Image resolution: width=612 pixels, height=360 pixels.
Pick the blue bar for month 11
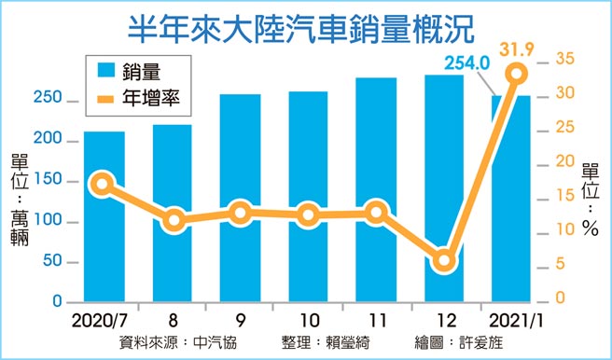pyautogui.click(x=377, y=261)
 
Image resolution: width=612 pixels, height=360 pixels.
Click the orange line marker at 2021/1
pyautogui.click(x=516, y=75)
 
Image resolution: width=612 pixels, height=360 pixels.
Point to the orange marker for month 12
pyautogui.click(x=446, y=261)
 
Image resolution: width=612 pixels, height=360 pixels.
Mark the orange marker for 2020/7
pyautogui.click(x=104, y=184)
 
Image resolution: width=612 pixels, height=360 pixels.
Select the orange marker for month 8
pyautogui.click(x=173, y=221)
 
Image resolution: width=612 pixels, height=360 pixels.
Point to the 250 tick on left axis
pyautogui.click(x=50, y=99)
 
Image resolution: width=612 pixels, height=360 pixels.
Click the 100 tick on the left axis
pyautogui.click(x=50, y=222)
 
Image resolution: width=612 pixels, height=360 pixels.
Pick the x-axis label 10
pyautogui.click(x=309, y=320)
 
